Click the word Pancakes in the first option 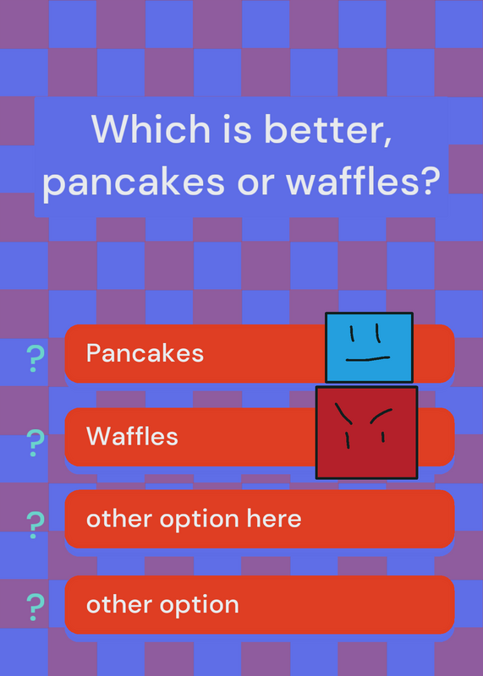(x=145, y=353)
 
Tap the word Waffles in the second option (x=132, y=436)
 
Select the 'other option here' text (x=194, y=519)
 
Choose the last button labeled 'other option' (x=260, y=604)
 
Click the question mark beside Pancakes (x=35, y=358)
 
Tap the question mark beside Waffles (x=35, y=443)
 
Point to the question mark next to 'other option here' (x=35, y=525)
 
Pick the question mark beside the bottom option (x=35, y=607)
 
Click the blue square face (x=369, y=347)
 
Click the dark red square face (x=366, y=433)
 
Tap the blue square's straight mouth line (x=368, y=358)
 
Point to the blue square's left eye (x=352, y=333)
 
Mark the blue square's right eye (x=378, y=333)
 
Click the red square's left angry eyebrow (x=343, y=413)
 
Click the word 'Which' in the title (x=151, y=128)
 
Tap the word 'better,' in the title (x=327, y=130)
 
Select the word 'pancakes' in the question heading (x=134, y=182)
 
